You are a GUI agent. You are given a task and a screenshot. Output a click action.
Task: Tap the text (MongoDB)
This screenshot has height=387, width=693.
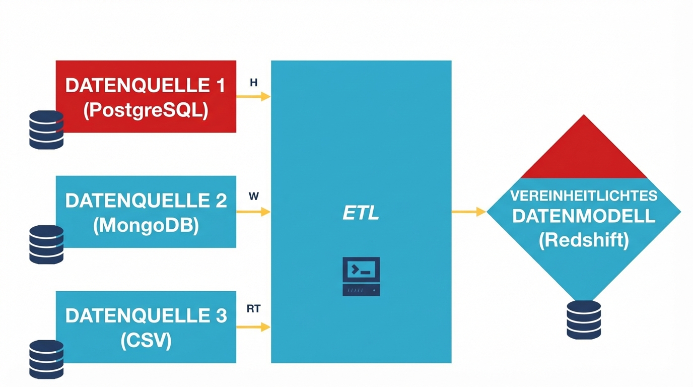click(x=146, y=225)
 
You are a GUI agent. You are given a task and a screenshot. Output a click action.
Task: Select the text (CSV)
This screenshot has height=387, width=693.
click(x=146, y=341)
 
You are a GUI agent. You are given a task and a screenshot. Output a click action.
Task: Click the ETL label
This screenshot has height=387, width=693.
click(x=361, y=214)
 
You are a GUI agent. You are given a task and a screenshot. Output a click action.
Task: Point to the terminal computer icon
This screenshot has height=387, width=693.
click(x=361, y=276)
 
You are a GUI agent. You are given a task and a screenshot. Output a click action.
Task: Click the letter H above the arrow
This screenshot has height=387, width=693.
click(x=254, y=83)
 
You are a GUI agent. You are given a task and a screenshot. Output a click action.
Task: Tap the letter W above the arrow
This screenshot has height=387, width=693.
click(x=254, y=197)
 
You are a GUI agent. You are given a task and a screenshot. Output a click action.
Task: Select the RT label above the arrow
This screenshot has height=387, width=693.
click(x=254, y=309)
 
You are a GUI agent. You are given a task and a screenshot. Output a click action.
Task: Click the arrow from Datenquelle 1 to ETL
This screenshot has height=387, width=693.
click(x=253, y=97)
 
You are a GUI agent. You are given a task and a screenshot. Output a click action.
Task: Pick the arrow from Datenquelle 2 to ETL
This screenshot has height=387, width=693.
click(x=253, y=212)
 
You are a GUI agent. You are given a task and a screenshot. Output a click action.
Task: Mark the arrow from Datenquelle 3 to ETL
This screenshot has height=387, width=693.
click(x=253, y=327)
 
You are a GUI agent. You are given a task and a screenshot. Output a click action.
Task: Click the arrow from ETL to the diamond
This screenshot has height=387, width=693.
click(x=468, y=212)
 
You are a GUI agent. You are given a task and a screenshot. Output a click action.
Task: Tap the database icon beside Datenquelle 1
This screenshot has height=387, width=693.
click(x=46, y=130)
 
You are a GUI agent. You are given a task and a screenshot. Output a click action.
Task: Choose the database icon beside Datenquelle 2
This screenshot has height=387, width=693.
click(x=46, y=244)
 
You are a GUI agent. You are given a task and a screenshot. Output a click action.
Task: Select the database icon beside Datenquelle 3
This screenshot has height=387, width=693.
click(x=46, y=359)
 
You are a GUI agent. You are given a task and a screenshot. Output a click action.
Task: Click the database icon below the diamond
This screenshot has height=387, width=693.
click(x=584, y=319)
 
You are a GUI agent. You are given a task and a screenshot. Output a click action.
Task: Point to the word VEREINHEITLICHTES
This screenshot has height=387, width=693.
click(x=584, y=196)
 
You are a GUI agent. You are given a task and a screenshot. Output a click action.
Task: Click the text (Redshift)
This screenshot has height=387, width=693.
click(x=584, y=240)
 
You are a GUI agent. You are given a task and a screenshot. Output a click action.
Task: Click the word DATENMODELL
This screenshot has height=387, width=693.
click(x=584, y=217)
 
